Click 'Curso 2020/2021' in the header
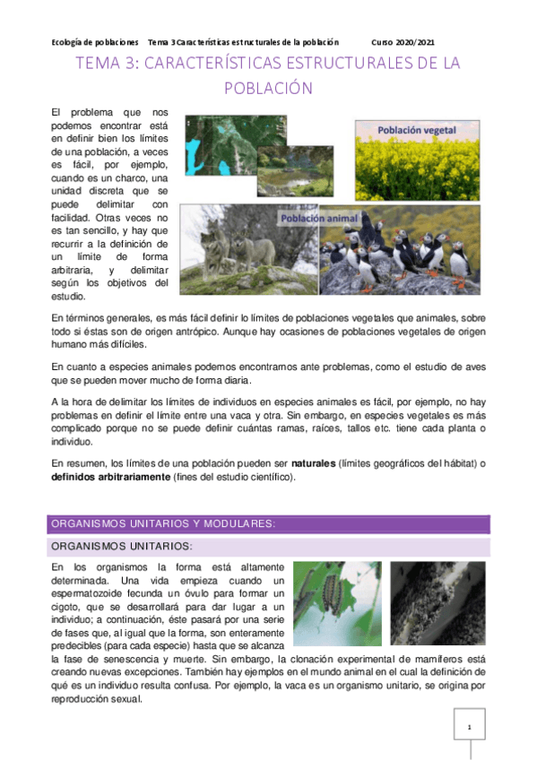[x=404, y=42]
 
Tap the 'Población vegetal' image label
[x=417, y=130]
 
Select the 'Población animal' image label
[x=320, y=219]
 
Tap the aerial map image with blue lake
[x=220, y=148]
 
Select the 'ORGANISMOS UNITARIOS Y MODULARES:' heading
[x=161, y=523]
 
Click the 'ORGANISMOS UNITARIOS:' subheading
[x=122, y=546]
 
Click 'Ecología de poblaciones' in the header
[x=95, y=42]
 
